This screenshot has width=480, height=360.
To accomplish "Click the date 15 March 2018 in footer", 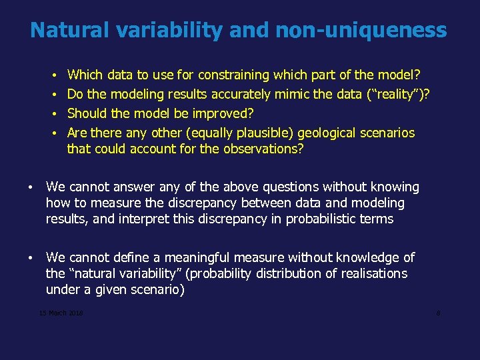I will pyautogui.click(x=61, y=313).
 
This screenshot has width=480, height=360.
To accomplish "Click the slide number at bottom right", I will pyautogui.click(x=438, y=313).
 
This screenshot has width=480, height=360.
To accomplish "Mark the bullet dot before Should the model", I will pyautogui.click(x=53, y=113).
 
